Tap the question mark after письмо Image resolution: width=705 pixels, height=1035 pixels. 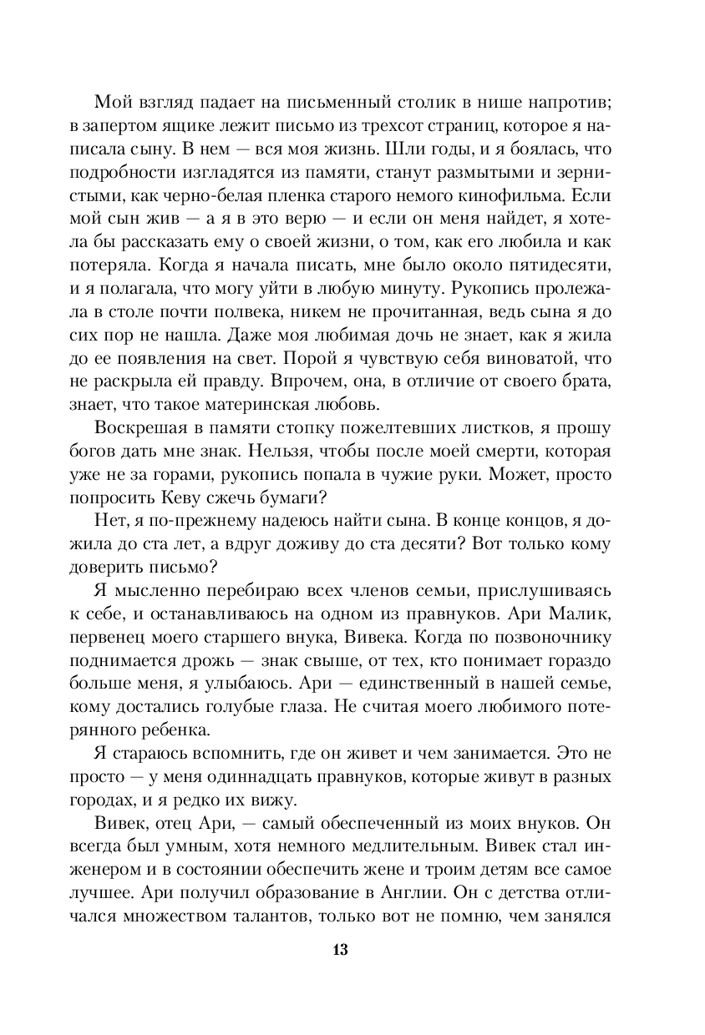click(215, 566)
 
